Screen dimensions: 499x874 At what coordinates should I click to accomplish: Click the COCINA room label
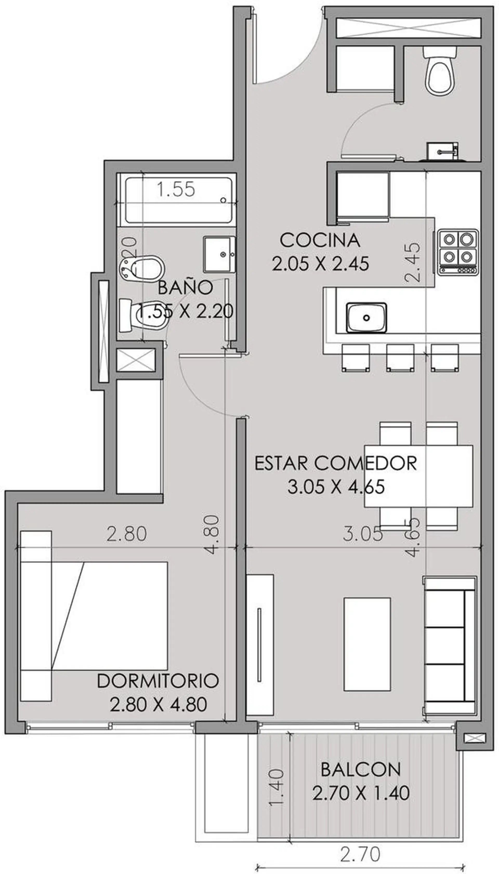click(320, 240)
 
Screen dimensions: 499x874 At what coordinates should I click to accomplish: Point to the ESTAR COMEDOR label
click(336, 463)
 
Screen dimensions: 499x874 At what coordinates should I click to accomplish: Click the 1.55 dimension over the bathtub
click(176, 189)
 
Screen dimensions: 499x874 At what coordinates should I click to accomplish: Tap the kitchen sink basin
click(366, 317)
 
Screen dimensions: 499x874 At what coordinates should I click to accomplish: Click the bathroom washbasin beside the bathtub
click(219, 254)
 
